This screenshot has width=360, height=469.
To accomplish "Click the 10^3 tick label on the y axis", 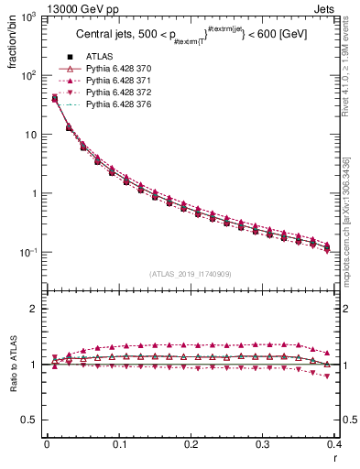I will coord(27,18).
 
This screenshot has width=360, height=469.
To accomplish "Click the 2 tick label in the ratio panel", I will coord(33,309).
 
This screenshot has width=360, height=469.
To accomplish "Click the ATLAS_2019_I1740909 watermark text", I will coord(191,274).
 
